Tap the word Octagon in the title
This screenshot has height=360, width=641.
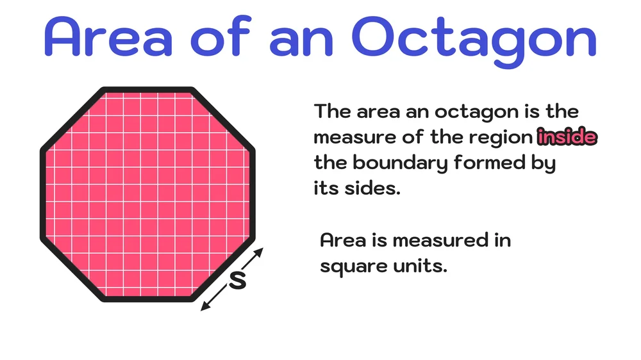pos(475,37)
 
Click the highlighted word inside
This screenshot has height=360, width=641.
pos(567,137)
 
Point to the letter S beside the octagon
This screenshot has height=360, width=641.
pos(238,280)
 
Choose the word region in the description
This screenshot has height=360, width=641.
pos(506,137)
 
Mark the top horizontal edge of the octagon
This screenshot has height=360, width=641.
pos(147,90)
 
